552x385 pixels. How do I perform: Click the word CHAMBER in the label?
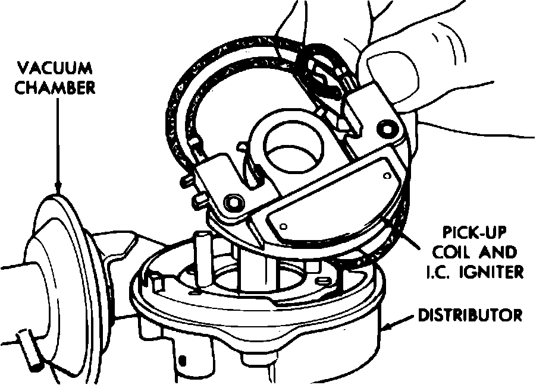[x=55, y=87]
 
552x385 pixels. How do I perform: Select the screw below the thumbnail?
[x=389, y=128]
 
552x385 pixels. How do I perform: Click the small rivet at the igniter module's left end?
[x=283, y=226]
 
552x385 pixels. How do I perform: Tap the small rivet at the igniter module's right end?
[x=388, y=176]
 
